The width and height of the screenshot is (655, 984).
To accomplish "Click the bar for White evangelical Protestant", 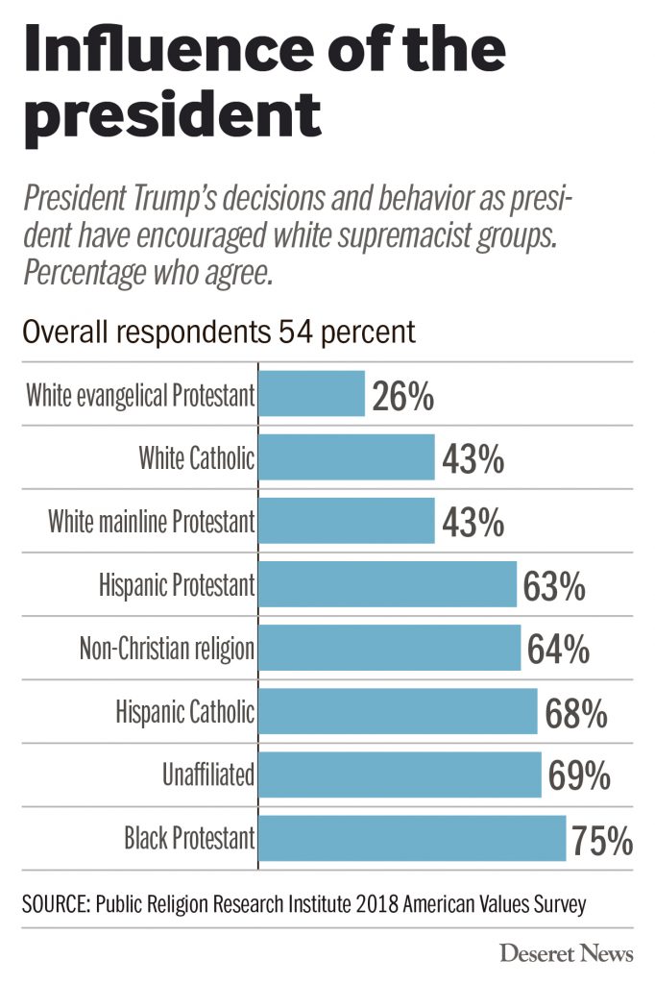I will click(x=312, y=394).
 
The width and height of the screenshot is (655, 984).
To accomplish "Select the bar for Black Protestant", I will click(x=413, y=838).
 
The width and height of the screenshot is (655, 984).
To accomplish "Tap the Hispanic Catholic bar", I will click(x=399, y=711).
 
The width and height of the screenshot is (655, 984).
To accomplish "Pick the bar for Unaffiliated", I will click(x=400, y=775).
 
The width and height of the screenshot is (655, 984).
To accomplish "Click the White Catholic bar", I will click(x=347, y=457).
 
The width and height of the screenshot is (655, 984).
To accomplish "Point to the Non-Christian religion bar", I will click(x=390, y=648).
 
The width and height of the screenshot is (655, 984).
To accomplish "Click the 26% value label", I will click(x=403, y=396).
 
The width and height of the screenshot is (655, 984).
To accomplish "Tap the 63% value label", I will click(x=553, y=586).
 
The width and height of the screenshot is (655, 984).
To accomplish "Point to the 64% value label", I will click(x=557, y=650).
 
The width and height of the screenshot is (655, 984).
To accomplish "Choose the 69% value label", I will click(x=579, y=776).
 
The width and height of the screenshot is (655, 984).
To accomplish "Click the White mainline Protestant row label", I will click(x=152, y=522).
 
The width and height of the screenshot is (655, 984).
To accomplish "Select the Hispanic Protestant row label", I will click(x=177, y=585).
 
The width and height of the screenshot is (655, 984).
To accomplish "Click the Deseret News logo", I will click(x=566, y=953).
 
